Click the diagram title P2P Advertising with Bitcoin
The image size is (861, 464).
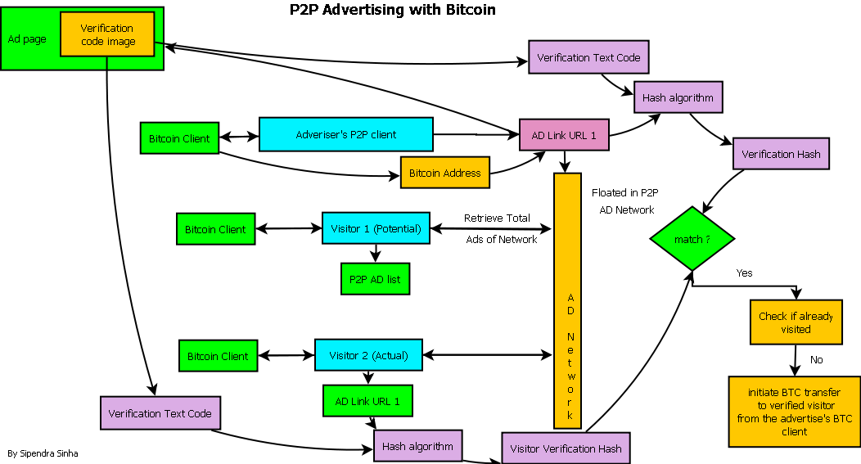(392, 11)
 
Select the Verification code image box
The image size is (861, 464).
(107, 35)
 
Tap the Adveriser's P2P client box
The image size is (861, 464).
(345, 134)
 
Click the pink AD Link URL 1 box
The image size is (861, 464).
(564, 135)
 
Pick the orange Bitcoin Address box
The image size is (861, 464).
(444, 173)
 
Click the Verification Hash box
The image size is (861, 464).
(781, 154)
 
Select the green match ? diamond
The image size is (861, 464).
(692, 239)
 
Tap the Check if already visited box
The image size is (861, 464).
(796, 322)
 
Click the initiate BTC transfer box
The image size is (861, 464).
(794, 412)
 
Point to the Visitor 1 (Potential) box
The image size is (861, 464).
(376, 228)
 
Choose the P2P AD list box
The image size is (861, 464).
(375, 279)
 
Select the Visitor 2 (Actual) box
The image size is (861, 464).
(368, 355)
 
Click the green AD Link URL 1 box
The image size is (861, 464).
(367, 401)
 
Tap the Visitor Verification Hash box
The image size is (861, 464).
(566, 448)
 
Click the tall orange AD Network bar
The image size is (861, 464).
(567, 300)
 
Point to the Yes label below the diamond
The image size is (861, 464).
(745, 273)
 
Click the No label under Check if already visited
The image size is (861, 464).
(816, 360)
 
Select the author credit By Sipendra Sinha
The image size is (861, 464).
(43, 453)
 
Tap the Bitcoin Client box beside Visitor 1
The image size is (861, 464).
(215, 229)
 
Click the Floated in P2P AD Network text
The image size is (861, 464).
(626, 201)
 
